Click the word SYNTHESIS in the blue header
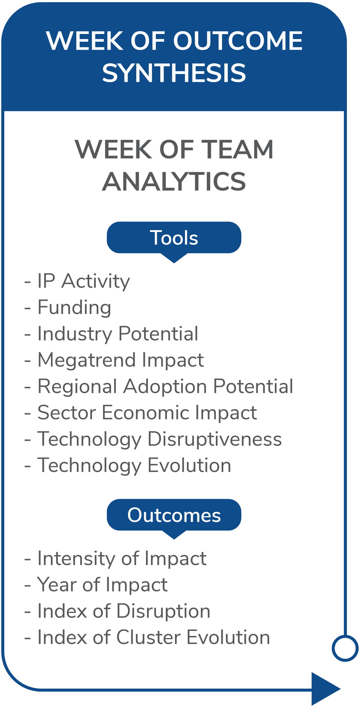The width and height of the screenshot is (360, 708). coord(174,73)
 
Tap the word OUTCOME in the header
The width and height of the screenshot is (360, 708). coord(238,40)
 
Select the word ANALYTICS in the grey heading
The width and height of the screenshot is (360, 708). coord(174,182)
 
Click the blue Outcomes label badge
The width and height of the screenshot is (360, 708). coord(174,515)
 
